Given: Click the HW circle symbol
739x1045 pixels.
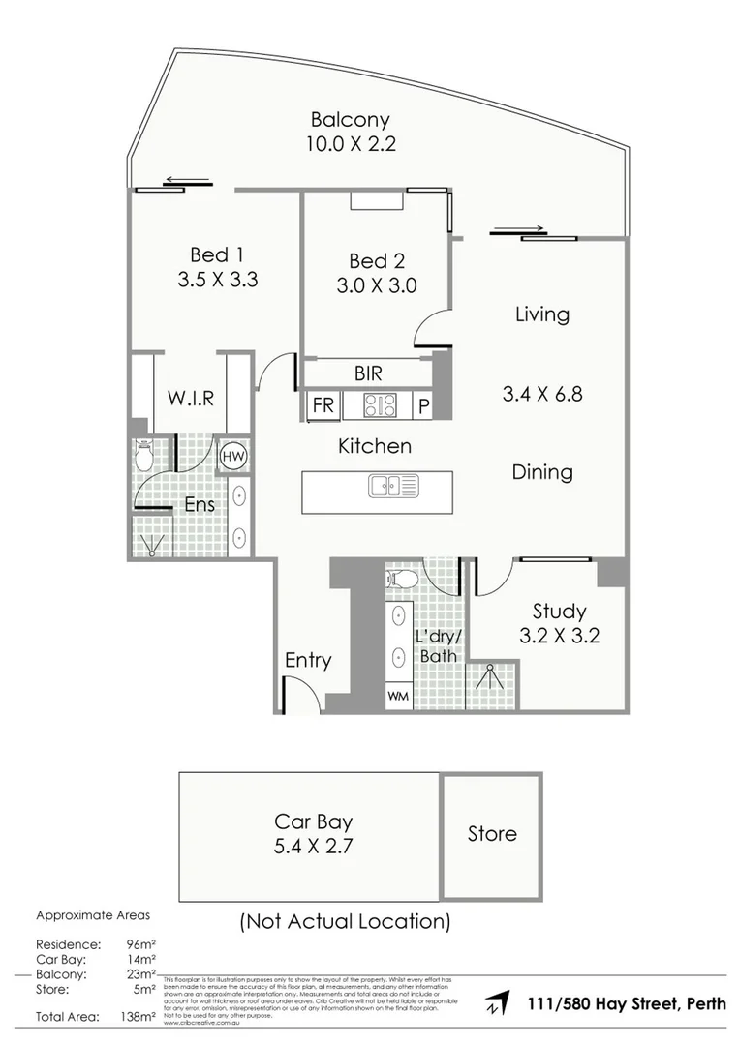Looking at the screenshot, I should [233, 456].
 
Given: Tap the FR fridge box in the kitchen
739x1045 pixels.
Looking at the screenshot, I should [322, 406].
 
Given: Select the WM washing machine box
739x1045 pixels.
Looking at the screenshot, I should [398, 696].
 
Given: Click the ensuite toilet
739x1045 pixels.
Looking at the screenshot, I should [144, 456].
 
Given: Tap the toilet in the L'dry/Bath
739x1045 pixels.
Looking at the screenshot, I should [401, 580].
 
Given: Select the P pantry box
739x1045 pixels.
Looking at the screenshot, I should [424, 406].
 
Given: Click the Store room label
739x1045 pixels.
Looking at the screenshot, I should [492, 833].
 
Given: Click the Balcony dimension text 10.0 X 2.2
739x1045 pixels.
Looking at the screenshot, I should [350, 145].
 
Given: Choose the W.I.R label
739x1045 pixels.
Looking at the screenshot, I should [190, 398].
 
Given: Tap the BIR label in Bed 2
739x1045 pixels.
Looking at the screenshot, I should [368, 373].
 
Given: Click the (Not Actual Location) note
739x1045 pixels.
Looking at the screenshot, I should [345, 921].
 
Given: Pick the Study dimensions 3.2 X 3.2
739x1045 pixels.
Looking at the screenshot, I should [559, 636].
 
